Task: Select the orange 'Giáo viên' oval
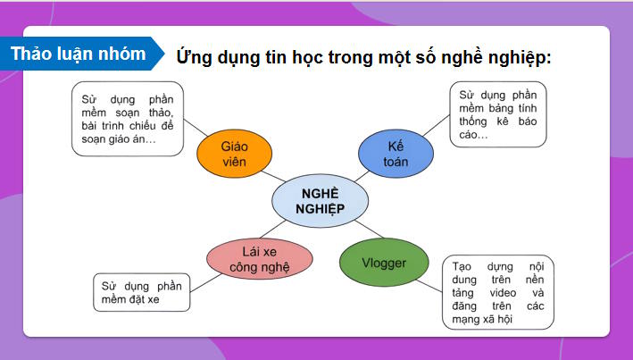click(x=233, y=153)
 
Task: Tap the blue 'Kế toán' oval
click(x=396, y=153)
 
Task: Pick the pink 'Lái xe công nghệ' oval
click(x=260, y=257)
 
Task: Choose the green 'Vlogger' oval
click(x=385, y=263)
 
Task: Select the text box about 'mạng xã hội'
click(x=497, y=292)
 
